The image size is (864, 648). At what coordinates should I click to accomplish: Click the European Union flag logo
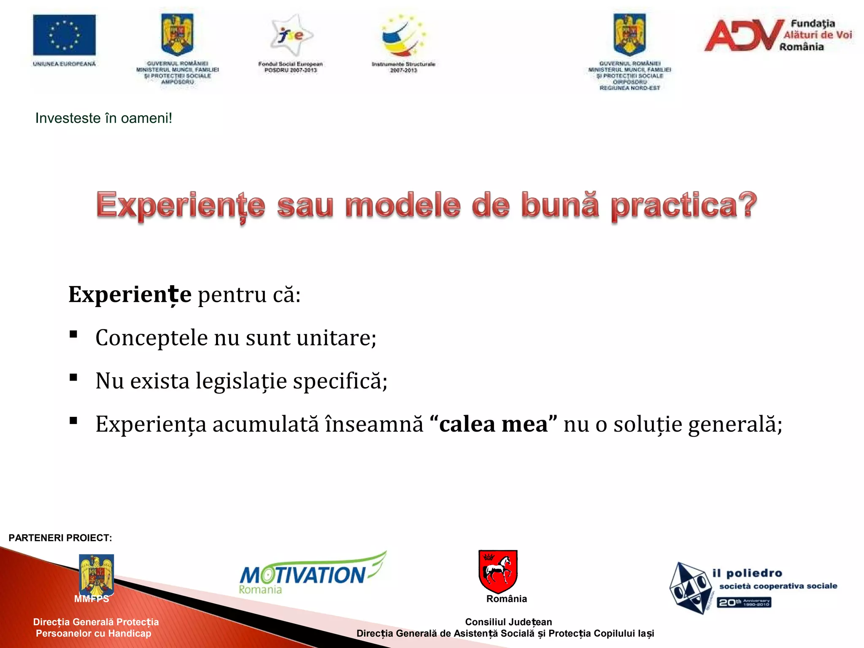[x=64, y=35]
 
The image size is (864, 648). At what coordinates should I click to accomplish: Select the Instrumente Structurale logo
[x=403, y=36]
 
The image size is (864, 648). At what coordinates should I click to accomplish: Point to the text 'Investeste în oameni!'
[x=103, y=118]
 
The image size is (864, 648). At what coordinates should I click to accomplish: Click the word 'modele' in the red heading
[x=402, y=205]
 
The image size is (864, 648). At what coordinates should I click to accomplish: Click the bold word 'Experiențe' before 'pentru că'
[x=130, y=294]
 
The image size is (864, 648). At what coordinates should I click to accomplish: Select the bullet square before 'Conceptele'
[x=73, y=335]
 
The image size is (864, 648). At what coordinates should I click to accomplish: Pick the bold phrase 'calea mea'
[x=493, y=424]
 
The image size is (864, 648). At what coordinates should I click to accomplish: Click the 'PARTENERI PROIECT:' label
[x=60, y=538]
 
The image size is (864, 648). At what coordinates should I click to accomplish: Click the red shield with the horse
[x=498, y=571]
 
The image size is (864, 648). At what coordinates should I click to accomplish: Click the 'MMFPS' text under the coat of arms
[x=92, y=599]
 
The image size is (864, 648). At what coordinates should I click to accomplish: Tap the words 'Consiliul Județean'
[x=508, y=622]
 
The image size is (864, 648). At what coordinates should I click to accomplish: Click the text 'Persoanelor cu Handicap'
[x=93, y=633]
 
